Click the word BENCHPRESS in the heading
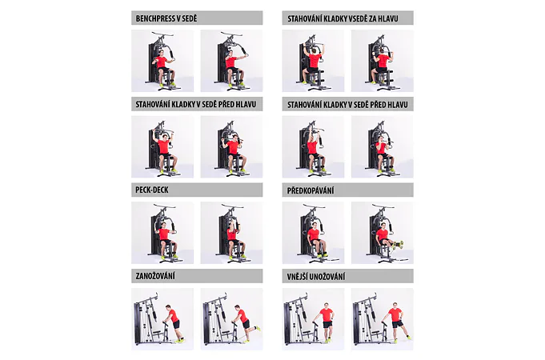pos(156,18)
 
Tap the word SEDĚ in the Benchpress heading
pos(190,18)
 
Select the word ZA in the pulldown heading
pos(376,18)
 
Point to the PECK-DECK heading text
pos(152,190)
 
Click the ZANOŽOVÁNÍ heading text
pos(155,276)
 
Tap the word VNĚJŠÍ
pos(297,276)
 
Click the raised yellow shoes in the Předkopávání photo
pos(399,245)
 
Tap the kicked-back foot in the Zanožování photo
pos(258,328)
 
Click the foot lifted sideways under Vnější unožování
pos(408,337)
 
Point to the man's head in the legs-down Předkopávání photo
pos(315,226)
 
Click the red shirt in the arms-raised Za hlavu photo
pos(315,60)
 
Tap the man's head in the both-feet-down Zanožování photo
pos(169,308)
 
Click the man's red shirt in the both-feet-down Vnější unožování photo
pos(327,315)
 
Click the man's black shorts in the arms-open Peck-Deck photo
pos(166,241)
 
